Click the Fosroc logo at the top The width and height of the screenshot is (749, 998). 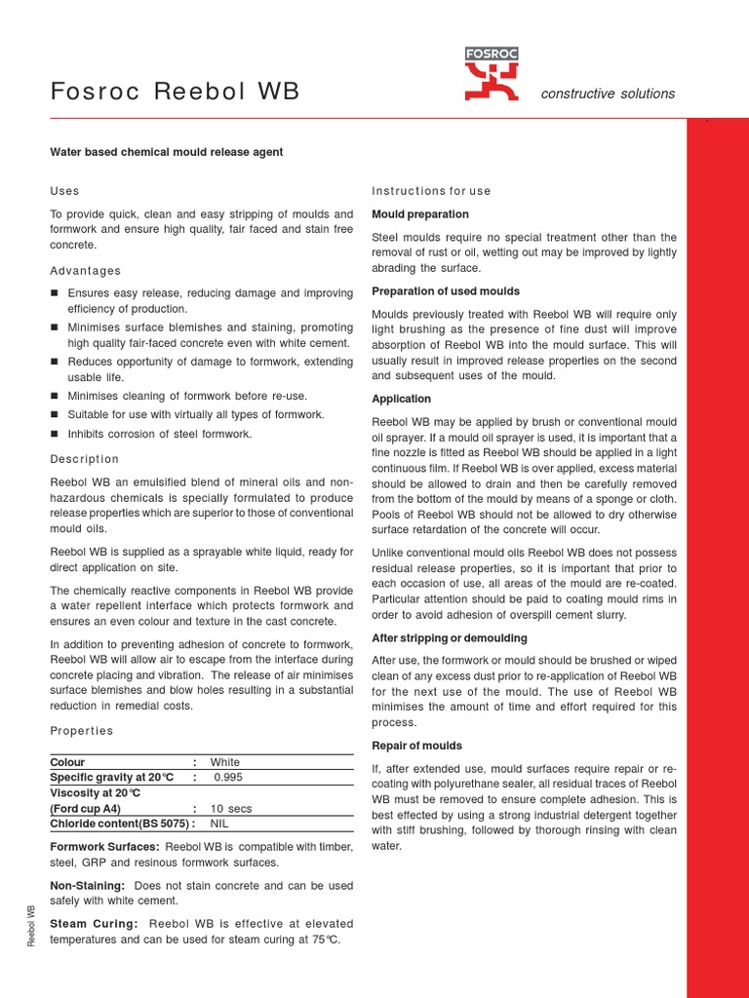[491, 74]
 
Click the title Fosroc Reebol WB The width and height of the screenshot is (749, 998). [175, 93]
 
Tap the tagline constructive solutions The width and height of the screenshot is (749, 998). [608, 94]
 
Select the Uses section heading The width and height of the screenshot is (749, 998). [64, 191]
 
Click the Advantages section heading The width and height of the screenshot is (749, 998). [86, 271]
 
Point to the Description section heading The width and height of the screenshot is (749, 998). [84, 459]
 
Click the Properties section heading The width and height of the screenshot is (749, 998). [81, 731]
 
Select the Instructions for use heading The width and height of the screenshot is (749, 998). [431, 191]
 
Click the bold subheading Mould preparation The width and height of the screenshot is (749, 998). [420, 214]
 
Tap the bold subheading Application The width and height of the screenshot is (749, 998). [402, 399]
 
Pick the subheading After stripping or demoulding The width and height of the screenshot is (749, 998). [450, 638]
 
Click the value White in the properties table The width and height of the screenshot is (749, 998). [225, 762]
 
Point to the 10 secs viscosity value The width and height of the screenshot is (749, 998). [231, 809]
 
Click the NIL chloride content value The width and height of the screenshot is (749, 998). [220, 824]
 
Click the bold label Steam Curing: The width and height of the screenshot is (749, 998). [94, 924]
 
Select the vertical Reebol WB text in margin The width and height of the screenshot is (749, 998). [32, 925]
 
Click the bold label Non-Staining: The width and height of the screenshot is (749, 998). [88, 885]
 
